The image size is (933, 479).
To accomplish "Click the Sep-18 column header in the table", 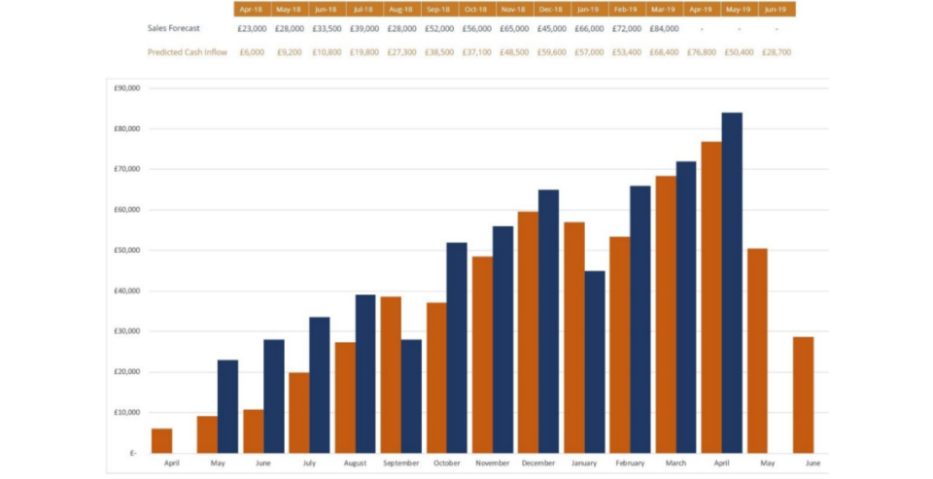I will tap(438, 10).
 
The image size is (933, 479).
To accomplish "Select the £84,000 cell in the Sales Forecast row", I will tap(664, 29).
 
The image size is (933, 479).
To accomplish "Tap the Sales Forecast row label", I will tap(174, 29).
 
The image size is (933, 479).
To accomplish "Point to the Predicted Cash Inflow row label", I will tap(188, 52).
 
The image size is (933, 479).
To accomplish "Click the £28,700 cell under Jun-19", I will tap(776, 52).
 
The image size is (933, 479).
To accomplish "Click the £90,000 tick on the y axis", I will tap(127, 88).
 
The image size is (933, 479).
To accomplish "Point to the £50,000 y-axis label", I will tap(127, 251).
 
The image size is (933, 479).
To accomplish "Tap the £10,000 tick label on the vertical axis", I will tap(127, 413).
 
